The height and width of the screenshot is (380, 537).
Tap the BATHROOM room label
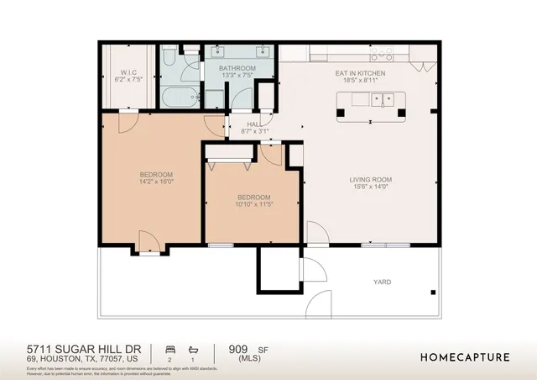point(237,68)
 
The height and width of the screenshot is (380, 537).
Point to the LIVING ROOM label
point(371,179)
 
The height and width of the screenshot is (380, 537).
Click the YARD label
point(383,282)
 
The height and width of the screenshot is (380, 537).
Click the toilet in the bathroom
point(169,59)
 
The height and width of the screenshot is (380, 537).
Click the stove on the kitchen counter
point(382,55)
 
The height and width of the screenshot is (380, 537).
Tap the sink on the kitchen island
point(384,102)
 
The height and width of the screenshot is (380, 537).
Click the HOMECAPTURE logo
point(464,356)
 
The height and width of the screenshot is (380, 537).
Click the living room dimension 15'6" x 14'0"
point(371,187)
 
